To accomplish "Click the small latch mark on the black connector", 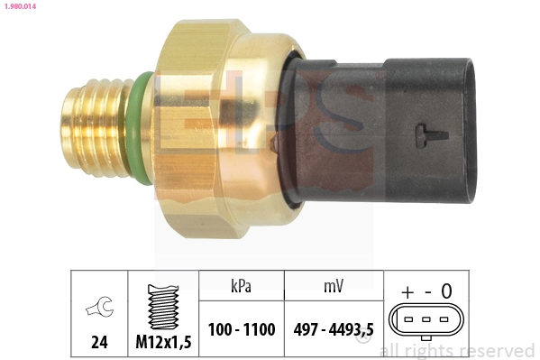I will [x=431, y=134].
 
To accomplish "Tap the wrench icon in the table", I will [x=98, y=308].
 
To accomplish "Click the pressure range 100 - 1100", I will [x=241, y=329].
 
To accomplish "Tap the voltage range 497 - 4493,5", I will [x=333, y=329].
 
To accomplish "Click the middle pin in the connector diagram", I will [x=425, y=320].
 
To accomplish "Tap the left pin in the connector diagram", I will [x=407, y=320].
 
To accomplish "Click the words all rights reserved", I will [x=457, y=350].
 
